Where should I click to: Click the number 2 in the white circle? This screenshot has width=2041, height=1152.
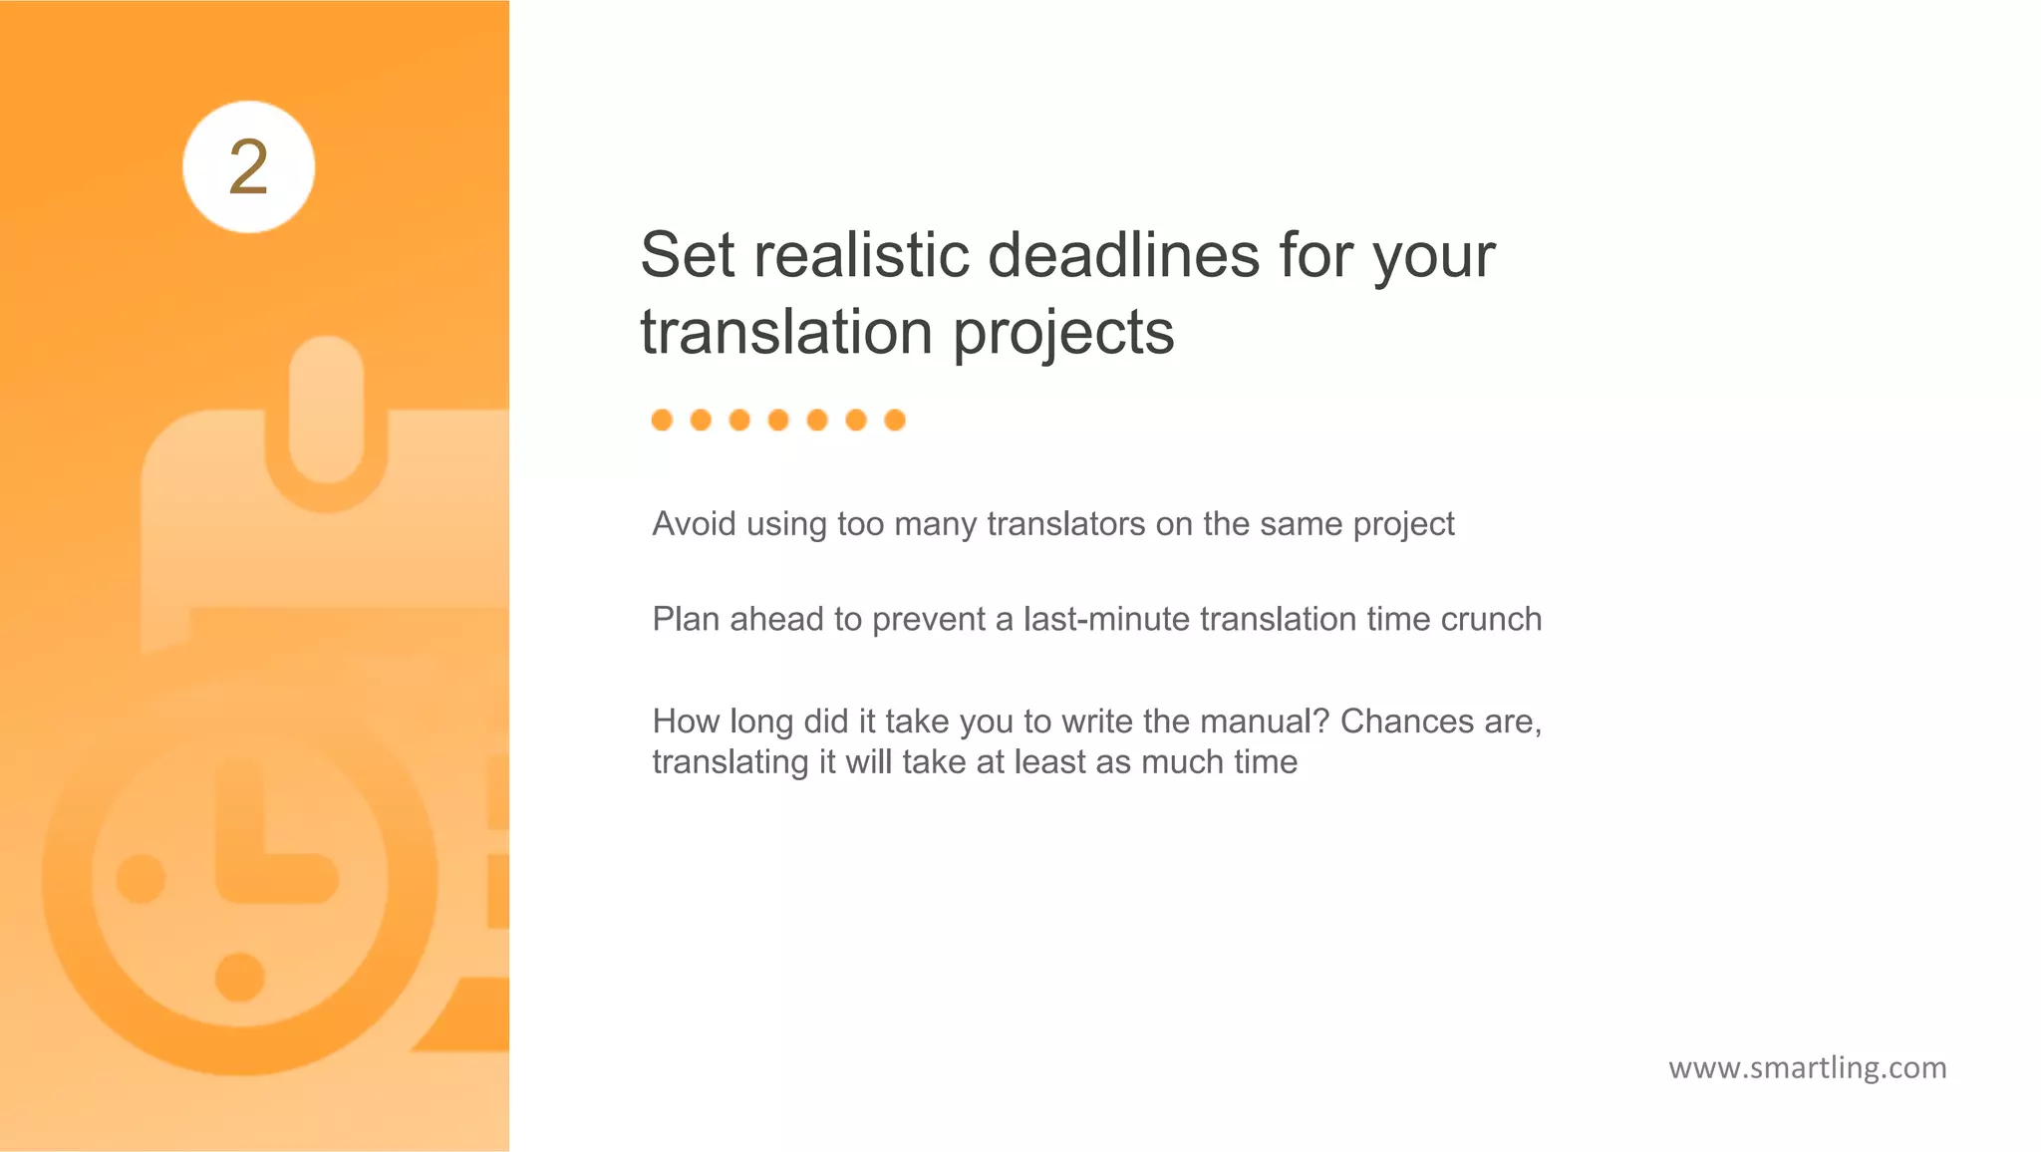[x=248, y=167]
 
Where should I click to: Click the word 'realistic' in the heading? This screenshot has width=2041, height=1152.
[x=861, y=255]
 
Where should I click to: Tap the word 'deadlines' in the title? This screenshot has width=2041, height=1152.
[x=1124, y=255]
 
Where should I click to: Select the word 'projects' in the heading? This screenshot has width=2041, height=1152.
[x=1063, y=333]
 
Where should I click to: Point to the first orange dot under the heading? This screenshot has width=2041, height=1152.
[x=662, y=421]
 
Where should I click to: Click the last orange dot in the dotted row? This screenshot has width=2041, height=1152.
[x=895, y=421]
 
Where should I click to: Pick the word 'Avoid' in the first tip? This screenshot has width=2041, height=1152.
[x=694, y=524]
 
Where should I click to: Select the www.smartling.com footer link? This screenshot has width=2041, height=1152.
[x=1807, y=1068]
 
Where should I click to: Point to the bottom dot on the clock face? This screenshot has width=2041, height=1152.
[x=240, y=977]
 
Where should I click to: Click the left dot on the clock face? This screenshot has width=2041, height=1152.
[x=141, y=879]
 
